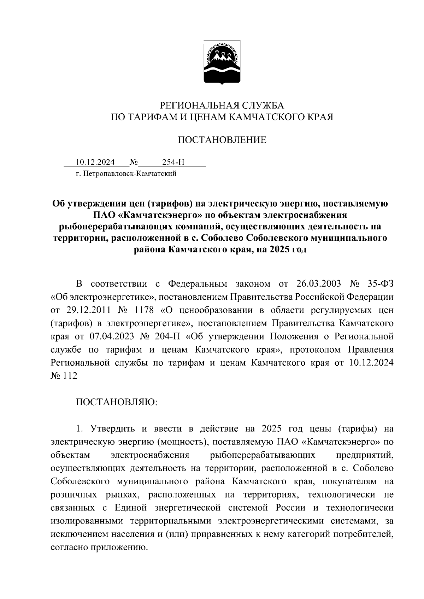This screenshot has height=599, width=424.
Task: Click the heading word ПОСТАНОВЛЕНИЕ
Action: [x=222, y=140]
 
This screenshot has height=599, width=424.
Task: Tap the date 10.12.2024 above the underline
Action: [x=95, y=162]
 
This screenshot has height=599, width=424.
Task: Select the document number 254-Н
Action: [x=173, y=162]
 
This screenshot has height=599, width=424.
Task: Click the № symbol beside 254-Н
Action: [x=134, y=162]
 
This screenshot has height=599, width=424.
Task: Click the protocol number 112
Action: [x=70, y=376]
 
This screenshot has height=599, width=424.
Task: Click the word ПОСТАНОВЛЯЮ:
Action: [x=117, y=402]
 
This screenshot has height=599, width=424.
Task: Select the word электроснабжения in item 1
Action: [x=150, y=455]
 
